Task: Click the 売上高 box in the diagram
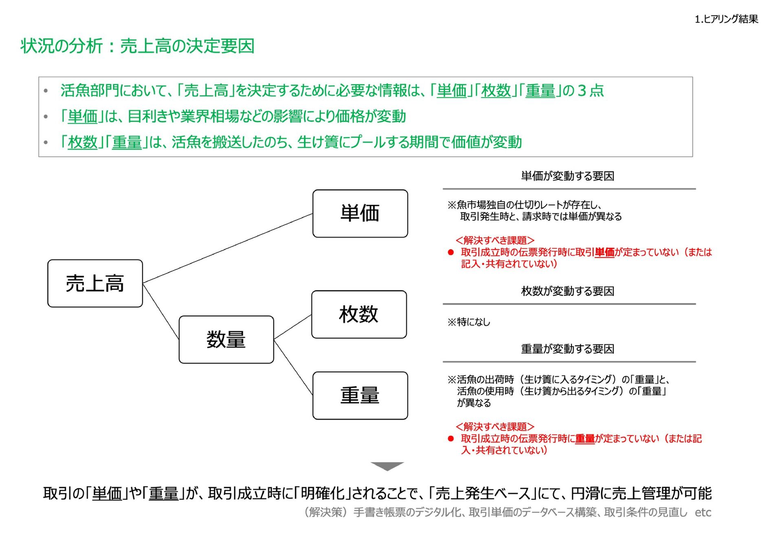coord(95,283)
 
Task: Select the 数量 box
coord(226,340)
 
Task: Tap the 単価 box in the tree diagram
coord(360,213)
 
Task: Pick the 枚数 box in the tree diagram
coord(359,314)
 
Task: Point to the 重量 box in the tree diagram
coord(360,395)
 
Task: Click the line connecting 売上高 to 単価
coord(228,248)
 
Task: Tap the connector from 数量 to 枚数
coord(293,327)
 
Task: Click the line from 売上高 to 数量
coord(161,312)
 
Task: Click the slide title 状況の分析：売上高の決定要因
coord(138,46)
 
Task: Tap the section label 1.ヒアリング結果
coord(726,19)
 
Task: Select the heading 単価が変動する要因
coord(567,176)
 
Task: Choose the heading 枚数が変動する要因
coord(567,291)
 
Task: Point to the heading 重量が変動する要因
coord(567,349)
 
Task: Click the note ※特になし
coord(469,322)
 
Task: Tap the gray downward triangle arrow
coord(387,466)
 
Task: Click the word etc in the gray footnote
coord(703,512)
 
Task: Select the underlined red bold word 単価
coord(604,252)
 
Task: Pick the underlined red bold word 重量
coord(585,439)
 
